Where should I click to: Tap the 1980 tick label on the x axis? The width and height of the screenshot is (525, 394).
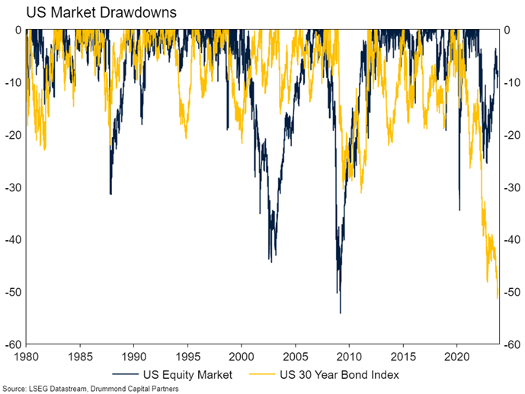[26, 356]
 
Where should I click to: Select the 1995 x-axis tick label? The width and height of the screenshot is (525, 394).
[187, 356]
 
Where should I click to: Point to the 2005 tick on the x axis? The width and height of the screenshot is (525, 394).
[295, 356]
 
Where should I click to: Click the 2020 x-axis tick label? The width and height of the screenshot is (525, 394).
[456, 356]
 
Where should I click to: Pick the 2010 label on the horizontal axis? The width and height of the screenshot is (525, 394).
[349, 356]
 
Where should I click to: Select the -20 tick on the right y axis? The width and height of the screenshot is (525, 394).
[513, 134]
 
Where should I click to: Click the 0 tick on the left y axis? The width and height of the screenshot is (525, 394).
[17, 30]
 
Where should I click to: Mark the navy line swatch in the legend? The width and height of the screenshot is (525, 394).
[126, 374]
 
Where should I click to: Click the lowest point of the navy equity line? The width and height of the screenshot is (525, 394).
[340, 312]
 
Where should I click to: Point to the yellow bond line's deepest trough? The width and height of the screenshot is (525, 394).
[498, 298]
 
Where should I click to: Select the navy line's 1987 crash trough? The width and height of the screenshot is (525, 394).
[110, 194]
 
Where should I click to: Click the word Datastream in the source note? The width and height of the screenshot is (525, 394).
[56, 388]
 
